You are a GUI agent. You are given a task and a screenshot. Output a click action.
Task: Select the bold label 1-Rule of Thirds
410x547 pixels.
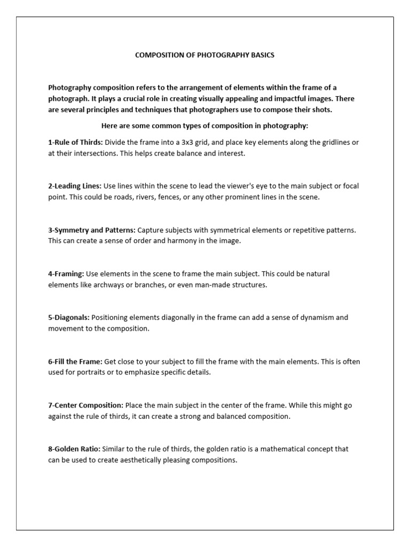pos(75,142)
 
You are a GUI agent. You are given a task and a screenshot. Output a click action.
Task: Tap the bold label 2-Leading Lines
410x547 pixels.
pos(75,185)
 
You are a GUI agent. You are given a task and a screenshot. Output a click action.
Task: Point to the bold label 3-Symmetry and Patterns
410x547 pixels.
pos(91,230)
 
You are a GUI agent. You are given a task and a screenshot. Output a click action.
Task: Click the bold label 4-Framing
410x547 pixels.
pos(66,273)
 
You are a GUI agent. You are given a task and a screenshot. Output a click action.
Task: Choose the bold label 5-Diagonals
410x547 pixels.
pos(69,317)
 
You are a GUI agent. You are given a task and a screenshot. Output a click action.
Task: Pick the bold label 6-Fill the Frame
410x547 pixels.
pos(75,362)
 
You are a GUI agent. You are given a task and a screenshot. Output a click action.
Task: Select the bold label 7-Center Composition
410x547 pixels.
pos(85,405)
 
